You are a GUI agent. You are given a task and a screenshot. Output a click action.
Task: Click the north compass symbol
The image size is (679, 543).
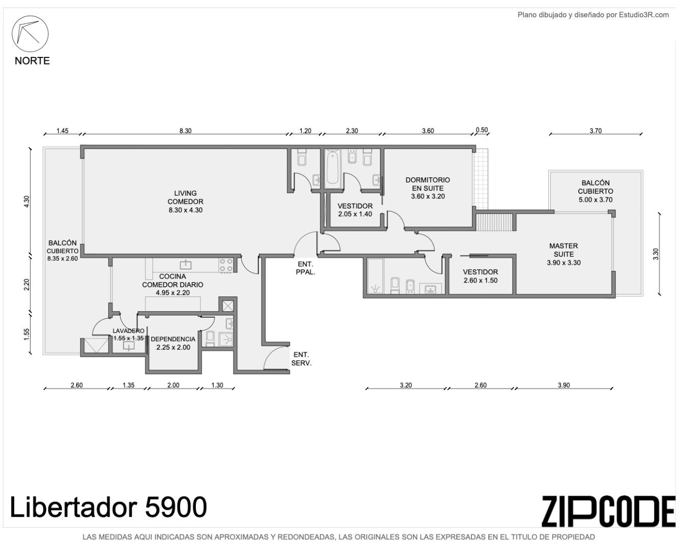(31, 34)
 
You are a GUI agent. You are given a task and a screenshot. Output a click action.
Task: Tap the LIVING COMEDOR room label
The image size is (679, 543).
(185, 201)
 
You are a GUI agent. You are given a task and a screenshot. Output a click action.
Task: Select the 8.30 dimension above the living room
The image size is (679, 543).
(186, 131)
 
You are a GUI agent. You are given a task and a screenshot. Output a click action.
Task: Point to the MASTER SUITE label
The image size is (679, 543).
(564, 254)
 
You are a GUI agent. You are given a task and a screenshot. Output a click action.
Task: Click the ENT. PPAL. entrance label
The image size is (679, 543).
(305, 268)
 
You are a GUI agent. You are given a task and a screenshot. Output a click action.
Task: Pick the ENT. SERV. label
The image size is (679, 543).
(301, 359)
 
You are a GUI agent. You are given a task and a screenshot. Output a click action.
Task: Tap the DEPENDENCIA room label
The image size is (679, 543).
(173, 343)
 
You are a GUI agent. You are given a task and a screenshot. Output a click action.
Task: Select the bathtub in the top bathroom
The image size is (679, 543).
(333, 168)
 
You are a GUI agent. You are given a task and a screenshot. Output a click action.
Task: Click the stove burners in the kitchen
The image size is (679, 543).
(226, 265)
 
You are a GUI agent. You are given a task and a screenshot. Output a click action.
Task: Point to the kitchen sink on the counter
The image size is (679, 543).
(186, 264)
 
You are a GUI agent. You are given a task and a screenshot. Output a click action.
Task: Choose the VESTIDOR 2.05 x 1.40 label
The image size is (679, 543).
(355, 210)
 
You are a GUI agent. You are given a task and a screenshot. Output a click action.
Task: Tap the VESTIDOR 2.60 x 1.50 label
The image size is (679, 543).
(480, 276)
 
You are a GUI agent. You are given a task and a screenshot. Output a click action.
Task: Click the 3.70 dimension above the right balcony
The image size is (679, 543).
(596, 131)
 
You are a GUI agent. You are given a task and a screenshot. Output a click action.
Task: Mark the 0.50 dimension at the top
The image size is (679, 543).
(482, 130)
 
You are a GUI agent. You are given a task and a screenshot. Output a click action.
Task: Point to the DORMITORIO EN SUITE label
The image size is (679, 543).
(428, 188)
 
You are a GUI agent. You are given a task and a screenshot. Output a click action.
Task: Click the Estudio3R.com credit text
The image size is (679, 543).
(593, 15)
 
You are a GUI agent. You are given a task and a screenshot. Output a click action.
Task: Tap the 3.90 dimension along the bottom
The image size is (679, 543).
(564, 385)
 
